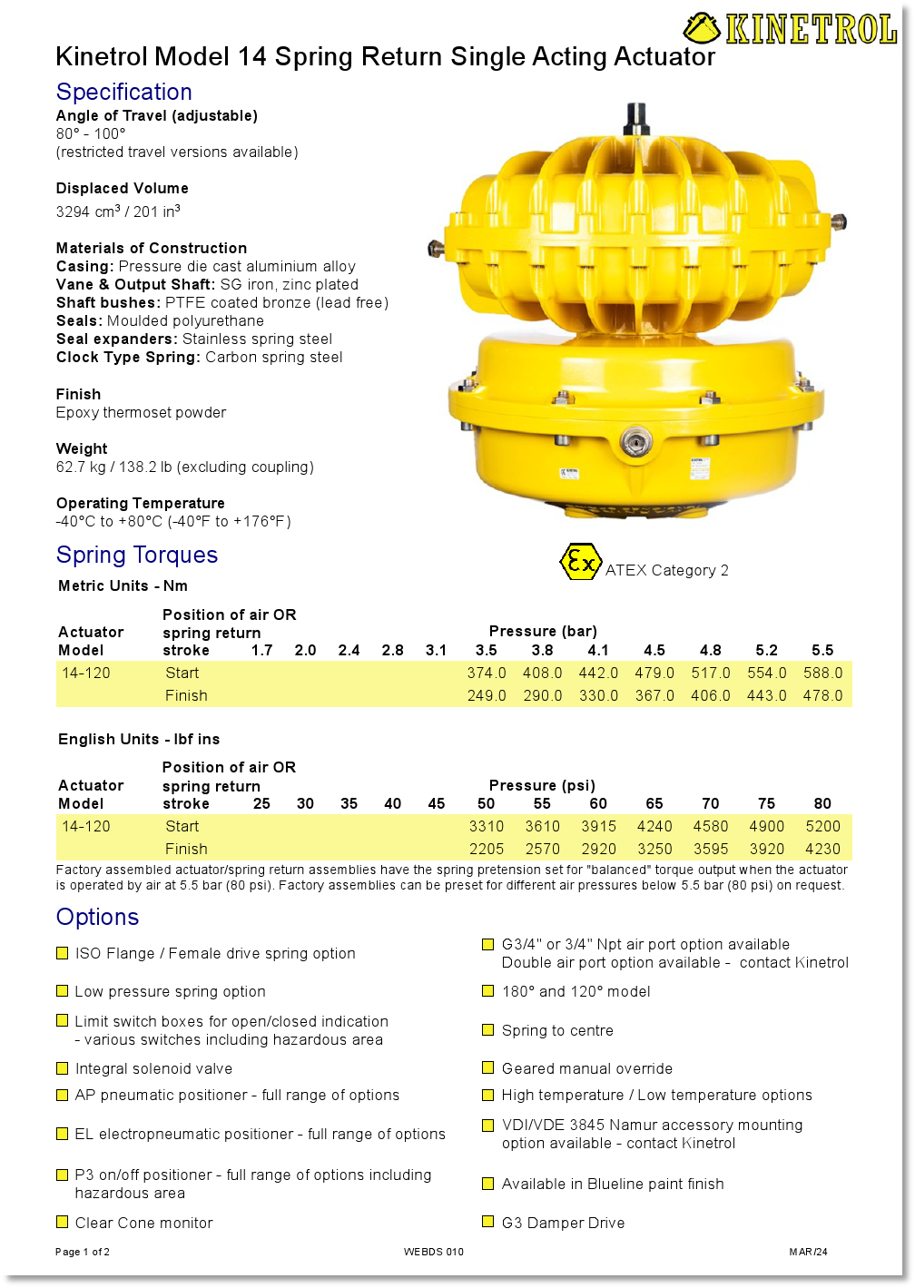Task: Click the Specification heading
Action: [x=124, y=92]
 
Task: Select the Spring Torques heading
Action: [x=137, y=555]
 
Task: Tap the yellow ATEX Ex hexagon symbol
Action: [x=579, y=562]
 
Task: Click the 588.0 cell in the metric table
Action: [x=822, y=673]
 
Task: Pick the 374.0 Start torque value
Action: [x=487, y=673]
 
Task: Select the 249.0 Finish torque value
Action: [x=487, y=695]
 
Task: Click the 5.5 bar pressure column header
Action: [x=822, y=650]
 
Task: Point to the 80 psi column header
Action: [x=822, y=803]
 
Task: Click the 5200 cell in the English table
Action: [x=822, y=826]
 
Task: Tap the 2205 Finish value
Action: [x=487, y=849]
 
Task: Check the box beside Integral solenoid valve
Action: [x=63, y=1068]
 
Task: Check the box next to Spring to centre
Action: [x=488, y=1030]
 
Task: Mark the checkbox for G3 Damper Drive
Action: [x=488, y=1222]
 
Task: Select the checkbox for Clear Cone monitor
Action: [x=63, y=1222]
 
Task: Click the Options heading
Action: [x=97, y=917]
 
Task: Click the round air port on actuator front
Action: [x=636, y=442]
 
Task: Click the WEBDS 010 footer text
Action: [x=434, y=1252]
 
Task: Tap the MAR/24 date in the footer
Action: [x=808, y=1252]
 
